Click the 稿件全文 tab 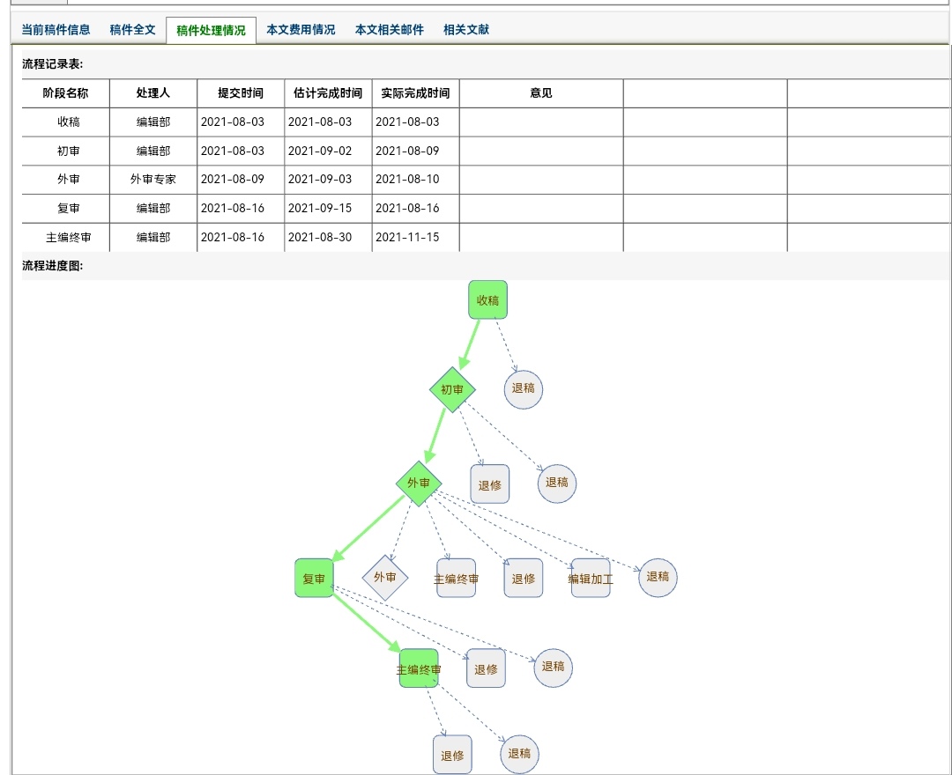pos(132,30)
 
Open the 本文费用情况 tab pos(301,30)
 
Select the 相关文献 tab pos(465,30)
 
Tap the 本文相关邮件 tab pos(390,30)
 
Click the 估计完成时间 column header pos(328,92)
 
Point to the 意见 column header pos(541,92)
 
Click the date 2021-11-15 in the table pos(407,237)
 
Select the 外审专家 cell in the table pos(153,180)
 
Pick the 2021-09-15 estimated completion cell pos(320,208)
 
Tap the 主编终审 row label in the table pos(69,237)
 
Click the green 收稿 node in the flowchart pos(487,299)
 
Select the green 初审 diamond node pos(452,389)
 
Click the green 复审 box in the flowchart pos(314,578)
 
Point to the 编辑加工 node pos(591,579)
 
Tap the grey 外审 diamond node pos(385,578)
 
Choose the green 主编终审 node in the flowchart pos(419,668)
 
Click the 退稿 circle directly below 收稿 pos(524,389)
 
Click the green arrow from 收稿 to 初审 pos(469,344)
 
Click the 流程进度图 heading pos(53,266)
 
